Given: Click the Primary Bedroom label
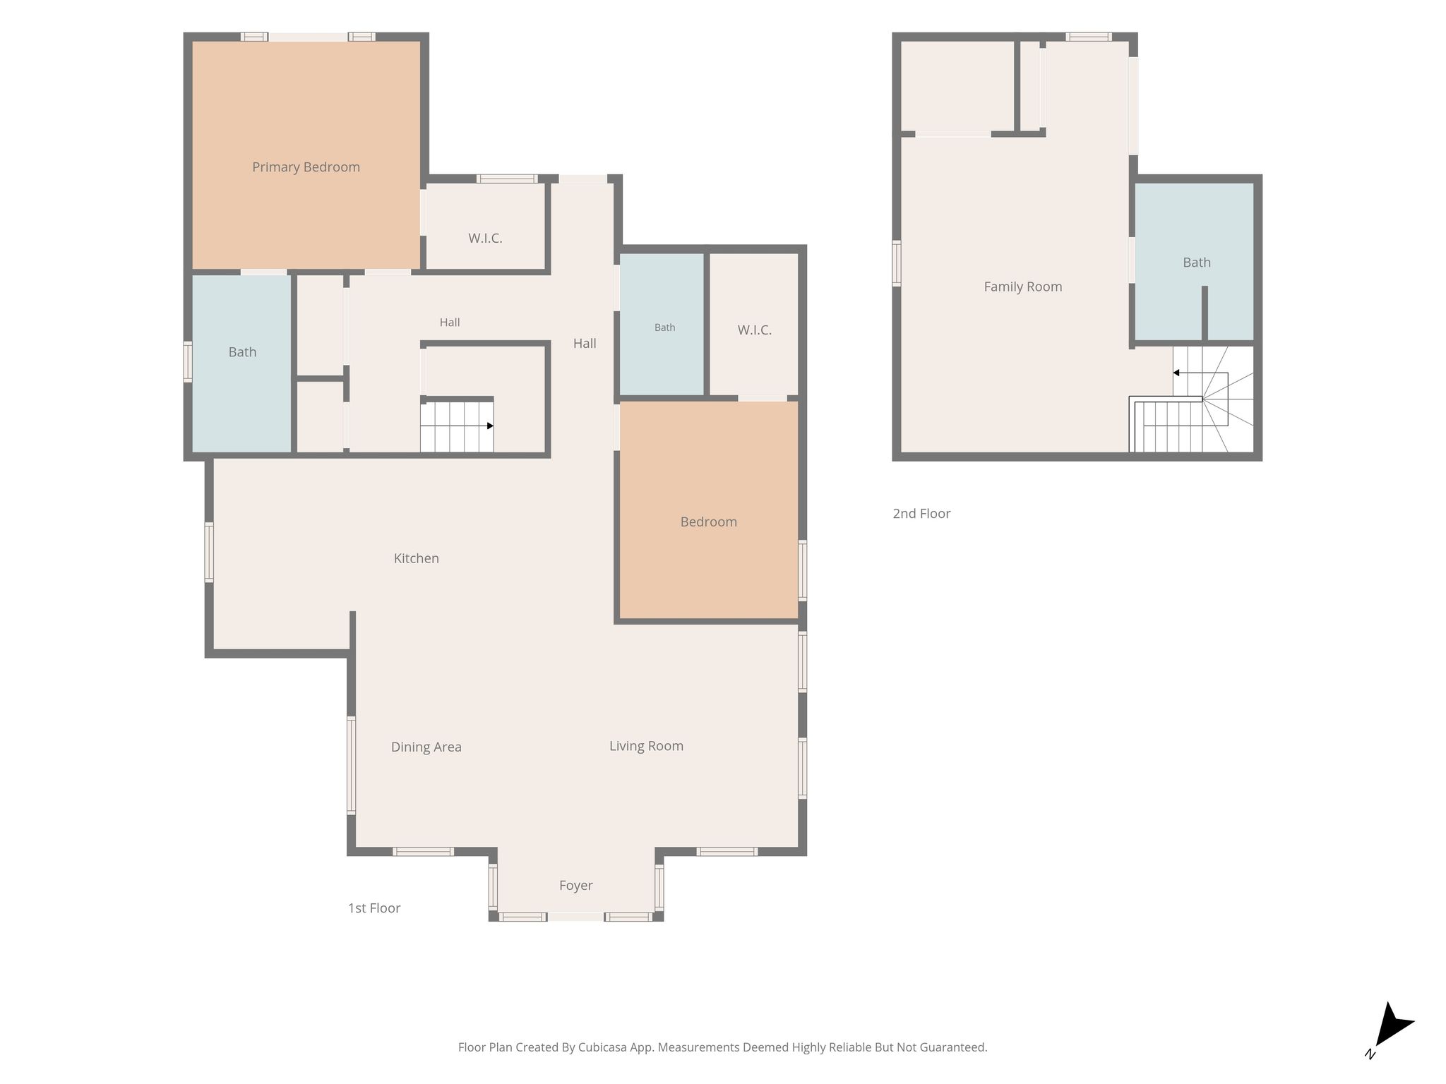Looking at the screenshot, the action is pos(306,167).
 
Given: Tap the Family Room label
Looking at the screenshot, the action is pos(1023,287).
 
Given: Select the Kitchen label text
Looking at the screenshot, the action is pos(416,558).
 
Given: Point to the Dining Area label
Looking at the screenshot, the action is pos(426,747).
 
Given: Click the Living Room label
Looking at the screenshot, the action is pos(646,746).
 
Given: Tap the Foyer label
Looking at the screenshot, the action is pos(575,886).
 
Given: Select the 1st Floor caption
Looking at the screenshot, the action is pos(374,908).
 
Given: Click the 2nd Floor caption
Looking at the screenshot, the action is pos(921,514).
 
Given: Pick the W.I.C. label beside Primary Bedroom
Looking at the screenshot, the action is pos(485,239).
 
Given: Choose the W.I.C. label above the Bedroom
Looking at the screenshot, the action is pos(754,330).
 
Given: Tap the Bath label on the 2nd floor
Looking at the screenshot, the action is pos(1197,263).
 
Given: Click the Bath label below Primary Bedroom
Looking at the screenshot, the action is pos(242,352).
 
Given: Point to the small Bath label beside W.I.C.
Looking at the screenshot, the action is pos(664,327).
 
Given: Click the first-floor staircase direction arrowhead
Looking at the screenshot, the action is pos(490,426).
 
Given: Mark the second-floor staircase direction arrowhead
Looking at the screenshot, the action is pos(1176,373).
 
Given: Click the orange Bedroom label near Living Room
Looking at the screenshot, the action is pos(708,522).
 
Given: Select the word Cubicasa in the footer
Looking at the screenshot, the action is pos(604,1047).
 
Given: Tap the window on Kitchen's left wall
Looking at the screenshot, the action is pos(209,552).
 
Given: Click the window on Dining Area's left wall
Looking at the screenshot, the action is pos(351,766).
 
